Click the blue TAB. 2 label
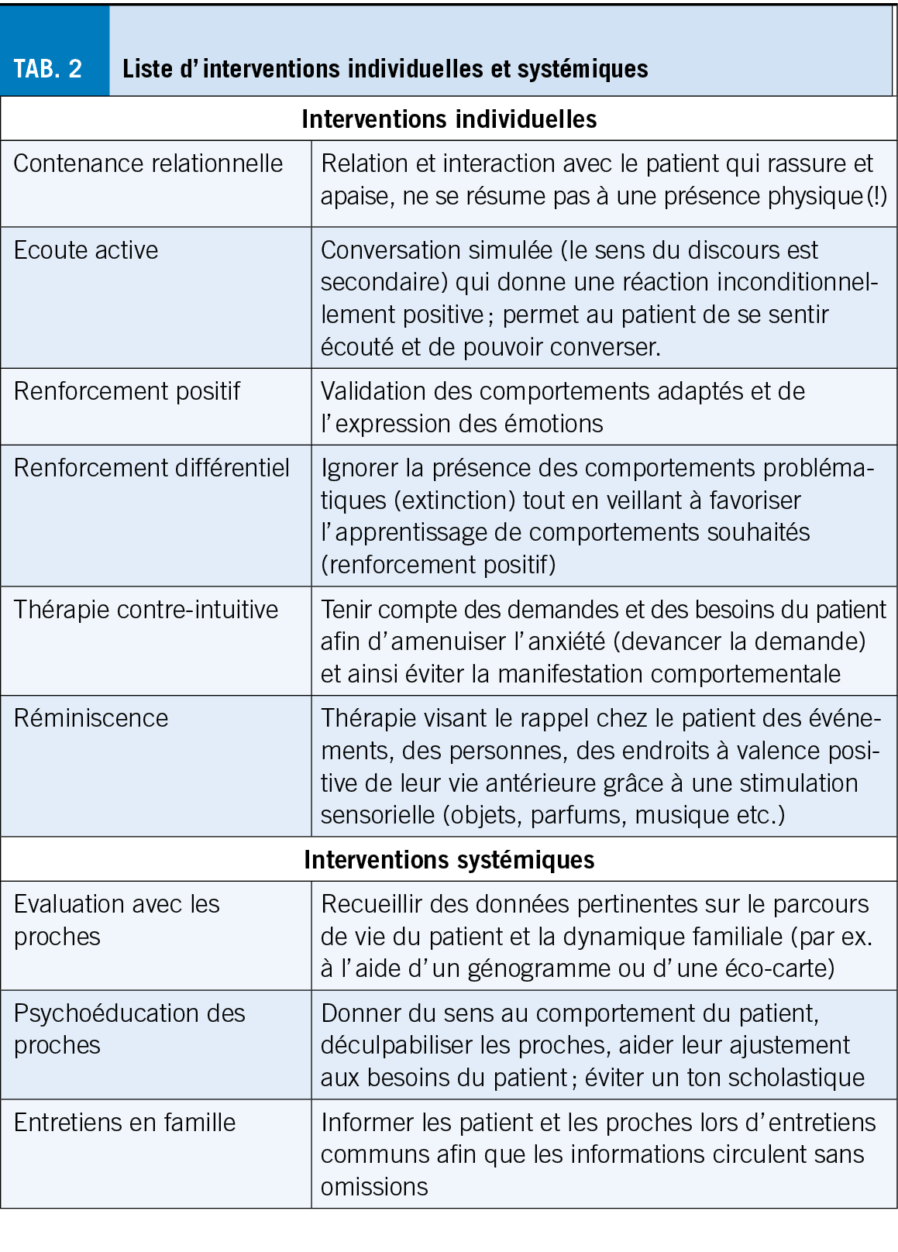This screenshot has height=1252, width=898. pyautogui.click(x=48, y=68)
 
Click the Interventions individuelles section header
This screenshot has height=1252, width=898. pyautogui.click(x=449, y=119)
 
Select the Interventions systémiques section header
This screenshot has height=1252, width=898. pyautogui.click(x=449, y=860)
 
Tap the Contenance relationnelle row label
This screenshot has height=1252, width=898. pyautogui.click(x=148, y=163)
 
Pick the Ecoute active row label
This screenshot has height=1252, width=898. pyautogui.click(x=86, y=250)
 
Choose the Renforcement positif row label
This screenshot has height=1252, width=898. pyautogui.click(x=127, y=391)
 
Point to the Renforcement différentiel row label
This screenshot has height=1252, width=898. pyautogui.click(x=152, y=468)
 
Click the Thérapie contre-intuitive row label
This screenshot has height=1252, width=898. pyautogui.click(x=146, y=610)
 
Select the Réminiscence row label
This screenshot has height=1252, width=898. pyautogui.click(x=91, y=718)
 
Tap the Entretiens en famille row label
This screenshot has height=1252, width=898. pyautogui.click(x=125, y=1123)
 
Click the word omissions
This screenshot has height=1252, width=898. pyautogui.click(x=374, y=1187)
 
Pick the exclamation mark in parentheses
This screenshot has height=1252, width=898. pyautogui.click(x=878, y=196)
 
